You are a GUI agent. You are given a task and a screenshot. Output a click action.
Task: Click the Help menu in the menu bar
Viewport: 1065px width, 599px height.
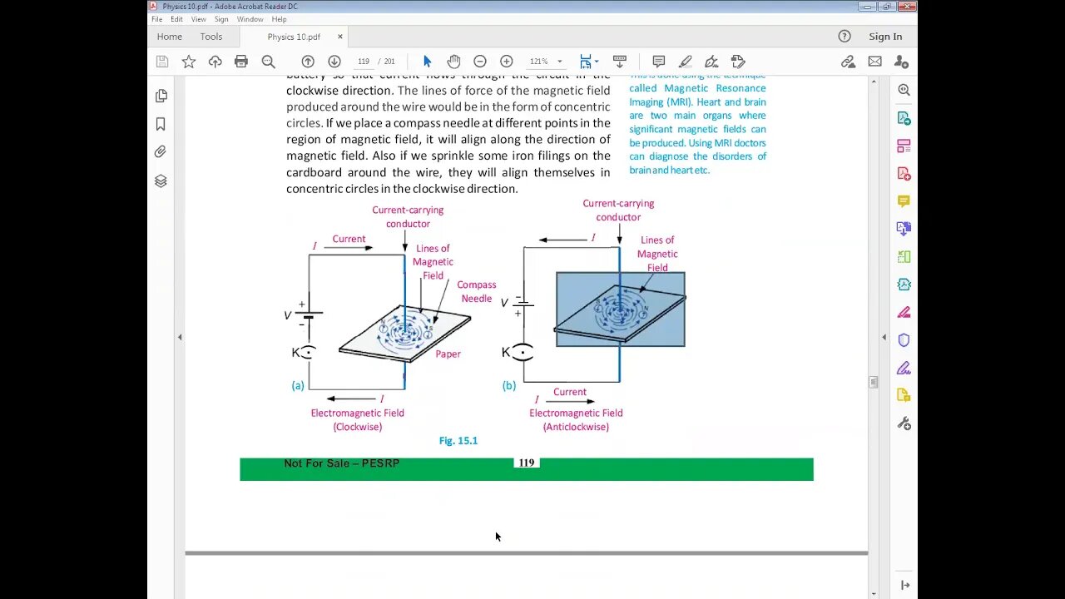[279, 19]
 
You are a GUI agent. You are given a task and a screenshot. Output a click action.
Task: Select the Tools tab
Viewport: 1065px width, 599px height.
[211, 37]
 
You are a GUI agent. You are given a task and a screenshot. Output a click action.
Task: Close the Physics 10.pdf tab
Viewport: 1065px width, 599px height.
[339, 37]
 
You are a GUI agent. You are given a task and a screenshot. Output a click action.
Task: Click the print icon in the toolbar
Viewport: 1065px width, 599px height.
[241, 62]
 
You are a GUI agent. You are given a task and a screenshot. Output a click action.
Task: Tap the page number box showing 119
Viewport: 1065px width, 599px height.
[364, 62]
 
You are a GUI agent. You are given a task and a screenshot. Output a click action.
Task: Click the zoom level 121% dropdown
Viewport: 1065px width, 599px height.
[546, 62]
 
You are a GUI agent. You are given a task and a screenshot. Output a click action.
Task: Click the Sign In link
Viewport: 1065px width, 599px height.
[885, 37]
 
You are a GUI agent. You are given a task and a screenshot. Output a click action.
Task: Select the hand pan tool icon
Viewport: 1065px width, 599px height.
[453, 62]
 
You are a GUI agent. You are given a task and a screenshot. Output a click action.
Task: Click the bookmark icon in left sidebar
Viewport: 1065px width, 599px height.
[161, 124]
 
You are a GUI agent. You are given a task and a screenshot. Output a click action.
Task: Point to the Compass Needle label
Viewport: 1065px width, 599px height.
[477, 291]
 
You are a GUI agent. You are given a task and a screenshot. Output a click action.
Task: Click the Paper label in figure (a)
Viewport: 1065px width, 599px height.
[448, 354]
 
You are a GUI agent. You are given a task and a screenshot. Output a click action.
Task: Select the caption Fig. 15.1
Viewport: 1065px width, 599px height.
[458, 441]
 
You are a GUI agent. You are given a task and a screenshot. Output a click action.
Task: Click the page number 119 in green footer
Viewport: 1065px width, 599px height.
[526, 463]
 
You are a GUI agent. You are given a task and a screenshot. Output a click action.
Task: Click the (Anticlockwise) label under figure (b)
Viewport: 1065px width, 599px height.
[576, 427]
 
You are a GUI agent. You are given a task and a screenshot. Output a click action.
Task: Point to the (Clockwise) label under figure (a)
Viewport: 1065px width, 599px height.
[358, 427]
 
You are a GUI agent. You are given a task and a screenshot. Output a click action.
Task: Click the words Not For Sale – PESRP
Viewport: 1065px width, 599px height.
[341, 463]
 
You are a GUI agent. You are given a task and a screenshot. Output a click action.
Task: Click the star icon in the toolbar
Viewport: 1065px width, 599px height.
[189, 62]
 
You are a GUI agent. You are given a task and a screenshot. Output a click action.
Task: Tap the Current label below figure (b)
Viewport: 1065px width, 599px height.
[570, 392]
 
